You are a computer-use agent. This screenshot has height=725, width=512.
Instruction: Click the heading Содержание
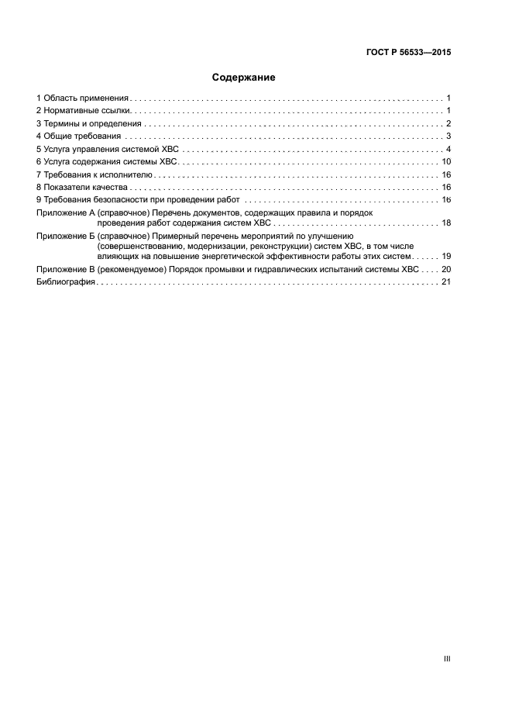244,78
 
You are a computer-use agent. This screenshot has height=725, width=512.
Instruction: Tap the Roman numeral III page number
446,659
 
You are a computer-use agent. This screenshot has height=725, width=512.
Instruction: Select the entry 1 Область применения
82,98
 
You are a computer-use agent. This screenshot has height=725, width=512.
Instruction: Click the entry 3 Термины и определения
88,124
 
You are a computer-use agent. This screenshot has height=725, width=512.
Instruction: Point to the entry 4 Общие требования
80,136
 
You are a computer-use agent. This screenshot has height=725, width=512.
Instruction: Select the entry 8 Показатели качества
81,188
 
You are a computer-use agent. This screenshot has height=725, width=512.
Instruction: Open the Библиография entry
66,282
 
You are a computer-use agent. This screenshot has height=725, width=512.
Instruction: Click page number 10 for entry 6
446,162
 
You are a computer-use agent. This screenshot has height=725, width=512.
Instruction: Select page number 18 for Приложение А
446,223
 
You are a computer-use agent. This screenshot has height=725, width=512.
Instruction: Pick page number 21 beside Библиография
446,282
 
